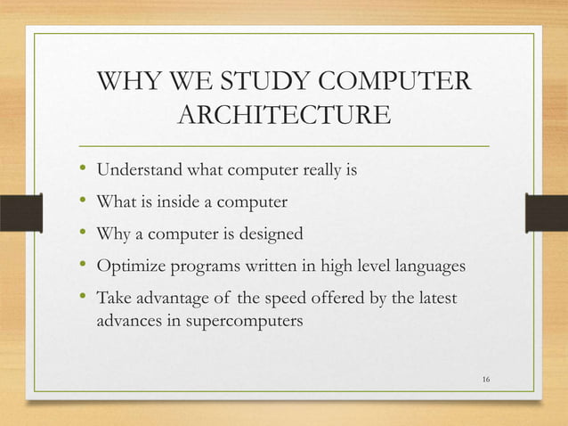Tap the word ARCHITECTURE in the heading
[284, 117]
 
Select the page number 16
[485, 381]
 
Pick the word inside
[179, 202]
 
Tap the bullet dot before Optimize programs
[83, 266]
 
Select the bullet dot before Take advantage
[83, 297]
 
